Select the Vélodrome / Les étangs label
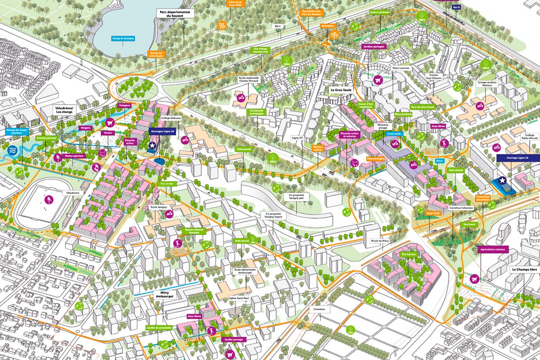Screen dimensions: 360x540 (x=63, y=111)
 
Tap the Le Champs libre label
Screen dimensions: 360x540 (x=524, y=270)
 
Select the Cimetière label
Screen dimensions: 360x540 (x=319, y=310)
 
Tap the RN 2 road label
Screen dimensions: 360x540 (x=277, y=27)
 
